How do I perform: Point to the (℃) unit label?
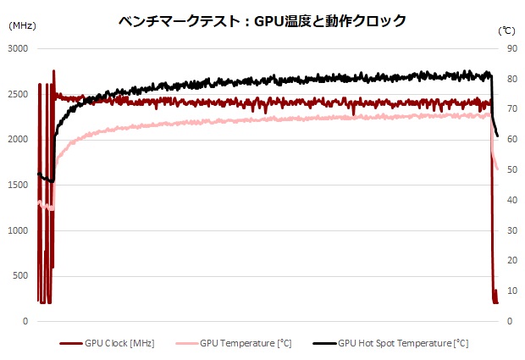[x=506, y=28]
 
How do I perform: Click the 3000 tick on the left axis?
[x=19, y=49]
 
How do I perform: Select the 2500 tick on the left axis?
[x=19, y=95]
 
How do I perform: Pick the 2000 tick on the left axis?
[x=19, y=140]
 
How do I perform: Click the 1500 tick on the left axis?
[x=19, y=186]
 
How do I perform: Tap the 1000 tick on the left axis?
[x=19, y=230]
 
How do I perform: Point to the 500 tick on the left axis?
[x=22, y=276]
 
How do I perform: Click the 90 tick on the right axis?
[x=512, y=49]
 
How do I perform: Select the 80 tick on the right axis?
[x=512, y=80]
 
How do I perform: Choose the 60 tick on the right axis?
[x=512, y=140]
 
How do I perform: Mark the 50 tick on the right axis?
[x=512, y=170]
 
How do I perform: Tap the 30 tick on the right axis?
[x=512, y=230]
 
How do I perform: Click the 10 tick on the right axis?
[x=512, y=291]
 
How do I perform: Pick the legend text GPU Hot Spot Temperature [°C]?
[x=403, y=344]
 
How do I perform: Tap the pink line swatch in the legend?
[x=186, y=344]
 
